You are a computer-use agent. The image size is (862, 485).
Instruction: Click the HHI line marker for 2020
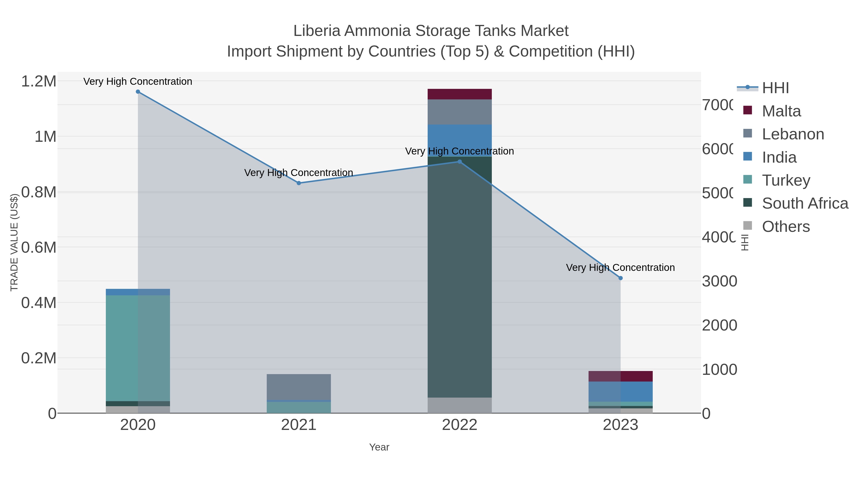138,92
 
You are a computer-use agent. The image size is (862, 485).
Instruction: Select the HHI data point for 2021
299,183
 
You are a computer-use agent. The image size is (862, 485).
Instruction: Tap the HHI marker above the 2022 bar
459,162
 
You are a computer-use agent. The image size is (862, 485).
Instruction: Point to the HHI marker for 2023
620,278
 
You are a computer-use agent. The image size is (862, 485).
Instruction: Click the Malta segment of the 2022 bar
459,94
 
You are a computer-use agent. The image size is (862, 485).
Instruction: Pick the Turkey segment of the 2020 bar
138,348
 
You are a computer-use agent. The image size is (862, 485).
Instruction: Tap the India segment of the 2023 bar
620,392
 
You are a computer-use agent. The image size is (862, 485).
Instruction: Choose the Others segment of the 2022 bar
459,405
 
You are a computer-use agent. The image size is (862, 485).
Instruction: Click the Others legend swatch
748,226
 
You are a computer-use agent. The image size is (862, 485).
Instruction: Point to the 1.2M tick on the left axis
39,81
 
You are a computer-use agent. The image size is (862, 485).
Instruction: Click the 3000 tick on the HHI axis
719,281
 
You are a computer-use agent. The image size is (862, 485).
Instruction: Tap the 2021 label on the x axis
299,425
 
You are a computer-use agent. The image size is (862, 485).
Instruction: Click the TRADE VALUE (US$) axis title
14,242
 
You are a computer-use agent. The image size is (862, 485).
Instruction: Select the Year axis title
379,447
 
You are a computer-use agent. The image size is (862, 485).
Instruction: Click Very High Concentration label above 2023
620,268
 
